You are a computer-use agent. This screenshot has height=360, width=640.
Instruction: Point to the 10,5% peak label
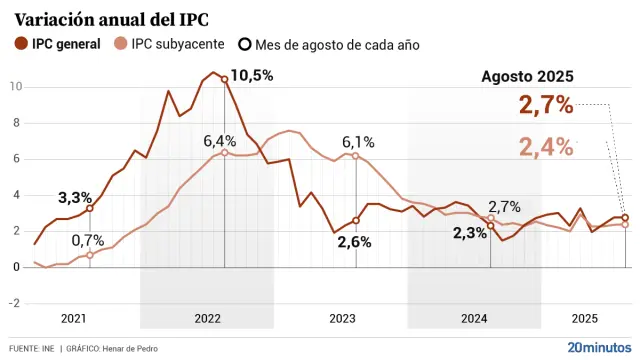pos(252,76)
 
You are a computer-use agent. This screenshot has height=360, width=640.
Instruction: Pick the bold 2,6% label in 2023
pos(354,241)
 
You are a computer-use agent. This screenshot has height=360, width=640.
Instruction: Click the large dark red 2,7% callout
pos(546,103)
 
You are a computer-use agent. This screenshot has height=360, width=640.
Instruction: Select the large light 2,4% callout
pos(546,147)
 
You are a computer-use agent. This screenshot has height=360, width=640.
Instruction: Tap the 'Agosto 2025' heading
pos(527,76)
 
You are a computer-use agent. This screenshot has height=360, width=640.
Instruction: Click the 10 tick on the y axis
pos(16,87)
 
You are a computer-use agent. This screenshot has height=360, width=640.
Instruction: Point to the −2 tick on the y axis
pos(14,303)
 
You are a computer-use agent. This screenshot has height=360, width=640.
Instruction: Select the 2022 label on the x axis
pos(207,318)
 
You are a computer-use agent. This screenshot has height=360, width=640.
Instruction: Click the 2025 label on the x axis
pos(585,318)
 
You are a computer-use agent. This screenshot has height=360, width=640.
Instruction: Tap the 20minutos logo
pos(599,347)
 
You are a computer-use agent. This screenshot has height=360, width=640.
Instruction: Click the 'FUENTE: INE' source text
pos(31,348)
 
